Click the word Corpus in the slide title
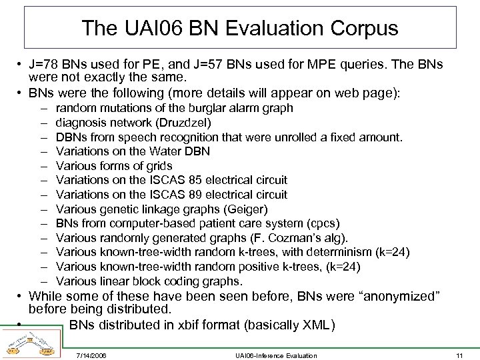(x=365, y=28)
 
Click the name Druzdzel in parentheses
(x=185, y=123)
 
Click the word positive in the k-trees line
(x=267, y=267)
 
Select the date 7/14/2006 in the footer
(x=91, y=355)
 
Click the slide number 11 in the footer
(x=460, y=355)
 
